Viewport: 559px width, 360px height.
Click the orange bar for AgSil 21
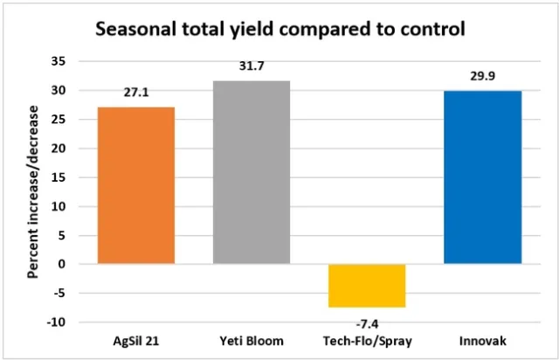[136, 184]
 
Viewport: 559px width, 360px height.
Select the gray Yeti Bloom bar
[252, 171]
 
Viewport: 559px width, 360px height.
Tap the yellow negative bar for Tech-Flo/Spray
[367, 285]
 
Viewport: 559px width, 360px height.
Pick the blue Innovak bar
[482, 177]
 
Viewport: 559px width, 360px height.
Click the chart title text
[280, 28]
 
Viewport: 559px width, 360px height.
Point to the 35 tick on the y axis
[59, 61]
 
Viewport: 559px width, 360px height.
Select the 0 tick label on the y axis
[62, 264]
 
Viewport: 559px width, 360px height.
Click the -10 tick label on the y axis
[57, 322]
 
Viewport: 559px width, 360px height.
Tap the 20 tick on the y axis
[59, 148]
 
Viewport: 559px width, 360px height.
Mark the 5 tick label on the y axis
[62, 235]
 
